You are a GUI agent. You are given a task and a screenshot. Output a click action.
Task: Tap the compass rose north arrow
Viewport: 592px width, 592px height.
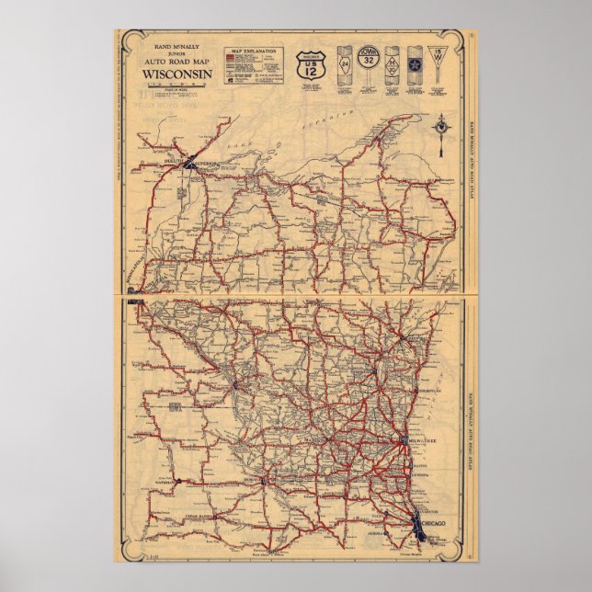tap(445, 128)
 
